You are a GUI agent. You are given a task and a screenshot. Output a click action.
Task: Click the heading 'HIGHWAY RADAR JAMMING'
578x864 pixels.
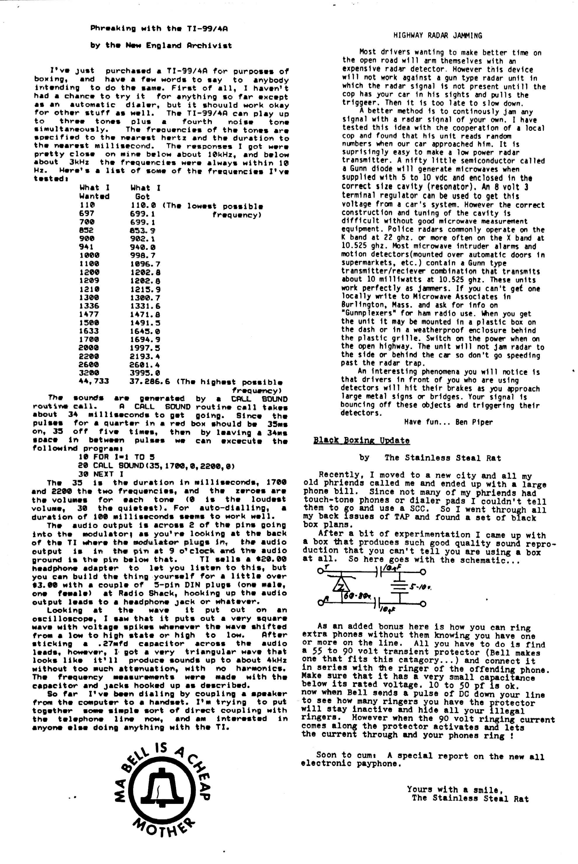437,36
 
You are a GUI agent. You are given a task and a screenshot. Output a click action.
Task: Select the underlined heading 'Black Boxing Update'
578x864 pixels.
361,440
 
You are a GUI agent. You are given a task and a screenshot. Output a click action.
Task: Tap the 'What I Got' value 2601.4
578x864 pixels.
144,365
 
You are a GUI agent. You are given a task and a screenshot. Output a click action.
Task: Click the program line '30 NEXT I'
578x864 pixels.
101,474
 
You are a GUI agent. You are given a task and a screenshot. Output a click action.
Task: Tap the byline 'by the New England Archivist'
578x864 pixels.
161,46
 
